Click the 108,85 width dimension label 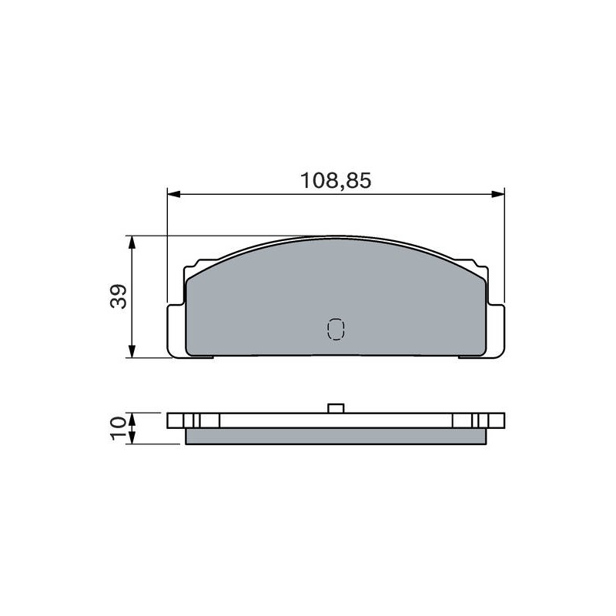point(336,181)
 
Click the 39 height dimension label point(119,296)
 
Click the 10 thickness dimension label point(119,429)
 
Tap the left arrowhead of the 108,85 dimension point(174,194)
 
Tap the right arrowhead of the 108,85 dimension point(498,194)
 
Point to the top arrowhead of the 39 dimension point(132,243)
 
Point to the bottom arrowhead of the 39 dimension point(132,351)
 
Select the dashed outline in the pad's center point(336,329)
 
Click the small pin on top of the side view point(336,409)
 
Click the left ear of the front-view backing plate point(176,331)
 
